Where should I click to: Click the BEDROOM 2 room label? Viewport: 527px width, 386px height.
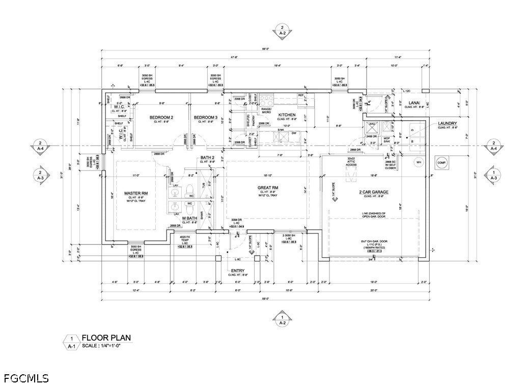coord(161,118)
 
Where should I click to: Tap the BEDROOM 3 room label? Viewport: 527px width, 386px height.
coord(206,118)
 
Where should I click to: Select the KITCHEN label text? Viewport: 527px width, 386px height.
coord(287,115)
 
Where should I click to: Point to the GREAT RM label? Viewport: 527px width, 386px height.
coord(267,188)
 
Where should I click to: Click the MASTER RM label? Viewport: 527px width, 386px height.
coord(136,194)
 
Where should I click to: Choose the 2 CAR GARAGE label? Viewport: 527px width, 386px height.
coord(373,192)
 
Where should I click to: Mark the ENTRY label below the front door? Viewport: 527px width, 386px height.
coord(238,270)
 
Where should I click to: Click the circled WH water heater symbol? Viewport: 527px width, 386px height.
coord(419,162)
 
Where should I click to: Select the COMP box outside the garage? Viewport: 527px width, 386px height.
coord(441,162)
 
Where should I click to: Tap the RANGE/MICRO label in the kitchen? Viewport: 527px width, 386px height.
coord(267,111)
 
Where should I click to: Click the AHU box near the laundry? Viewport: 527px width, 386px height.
coord(371,124)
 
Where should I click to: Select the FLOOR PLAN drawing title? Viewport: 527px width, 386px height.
coord(106,337)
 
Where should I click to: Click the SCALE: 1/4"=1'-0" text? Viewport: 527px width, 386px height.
coord(105,346)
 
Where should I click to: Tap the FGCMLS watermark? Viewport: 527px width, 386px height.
coord(26,378)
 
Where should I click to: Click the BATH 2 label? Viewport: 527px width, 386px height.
coord(207,157)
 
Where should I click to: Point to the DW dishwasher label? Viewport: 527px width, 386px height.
coord(294,133)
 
